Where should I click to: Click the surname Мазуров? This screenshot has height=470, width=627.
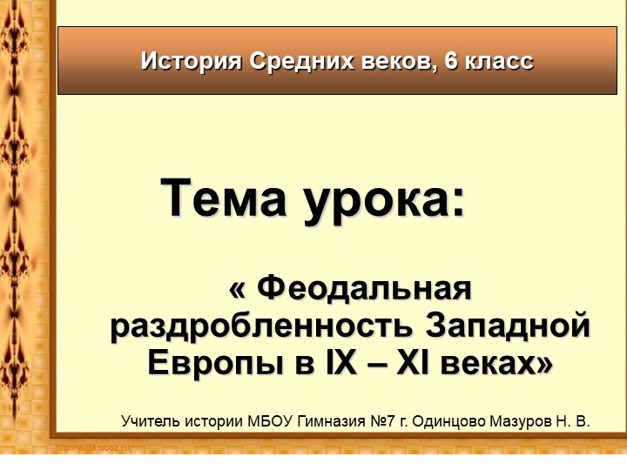(x=528, y=421)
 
